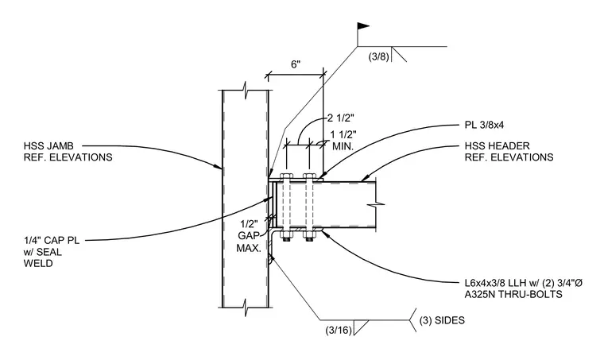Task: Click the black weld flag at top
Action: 363,26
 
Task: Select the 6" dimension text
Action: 296,64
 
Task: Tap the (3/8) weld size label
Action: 379,56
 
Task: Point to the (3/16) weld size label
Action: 339,330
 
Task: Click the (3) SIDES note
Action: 442,320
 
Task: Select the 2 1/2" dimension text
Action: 340,117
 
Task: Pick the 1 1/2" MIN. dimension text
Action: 343,140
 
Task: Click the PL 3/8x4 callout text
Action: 484,125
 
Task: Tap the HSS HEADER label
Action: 497,146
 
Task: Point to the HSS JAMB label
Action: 48,146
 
